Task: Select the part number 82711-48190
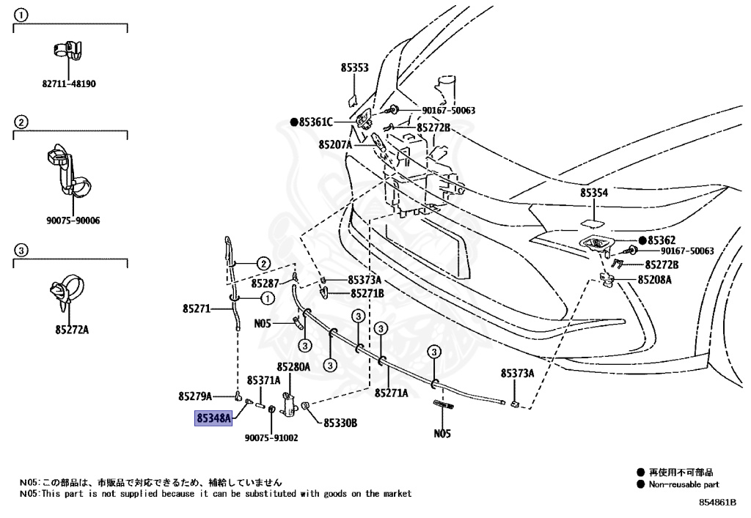tap(68, 84)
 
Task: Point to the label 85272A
tap(71, 330)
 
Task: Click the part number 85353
tap(354, 67)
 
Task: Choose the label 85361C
tap(315, 122)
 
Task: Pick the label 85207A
tap(335, 145)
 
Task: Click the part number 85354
tap(594, 193)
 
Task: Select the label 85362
tap(661, 240)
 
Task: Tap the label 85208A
tap(654, 279)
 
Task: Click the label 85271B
tap(367, 293)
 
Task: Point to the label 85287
tap(265, 283)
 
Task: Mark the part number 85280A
tap(293, 366)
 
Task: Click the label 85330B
tap(340, 423)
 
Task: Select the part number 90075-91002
tap(271, 438)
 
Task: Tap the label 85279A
tap(194, 396)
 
